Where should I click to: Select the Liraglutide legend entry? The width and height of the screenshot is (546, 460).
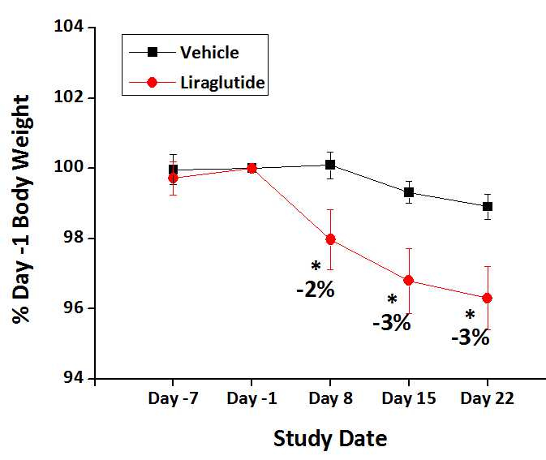[220, 82]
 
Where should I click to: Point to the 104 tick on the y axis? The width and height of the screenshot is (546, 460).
[70, 28]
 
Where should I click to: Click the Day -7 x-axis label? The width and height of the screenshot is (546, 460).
[173, 399]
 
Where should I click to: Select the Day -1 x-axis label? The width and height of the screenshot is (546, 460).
[252, 399]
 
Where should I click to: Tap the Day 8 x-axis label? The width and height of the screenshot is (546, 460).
[330, 399]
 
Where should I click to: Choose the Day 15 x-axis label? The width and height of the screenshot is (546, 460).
[408, 399]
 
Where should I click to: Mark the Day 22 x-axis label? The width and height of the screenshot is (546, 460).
[487, 399]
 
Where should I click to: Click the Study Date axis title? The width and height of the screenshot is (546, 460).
[330, 439]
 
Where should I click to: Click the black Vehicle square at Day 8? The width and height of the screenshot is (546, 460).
[330, 165]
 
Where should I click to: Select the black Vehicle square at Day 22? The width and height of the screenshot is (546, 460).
[487, 206]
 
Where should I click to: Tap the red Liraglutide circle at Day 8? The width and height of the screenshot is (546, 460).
[330, 239]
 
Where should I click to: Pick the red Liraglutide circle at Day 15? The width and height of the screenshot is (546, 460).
[408, 281]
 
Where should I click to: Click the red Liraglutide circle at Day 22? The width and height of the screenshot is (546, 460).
[487, 298]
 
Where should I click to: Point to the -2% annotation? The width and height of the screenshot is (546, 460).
[315, 288]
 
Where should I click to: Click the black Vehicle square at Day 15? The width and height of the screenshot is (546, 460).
[408, 192]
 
